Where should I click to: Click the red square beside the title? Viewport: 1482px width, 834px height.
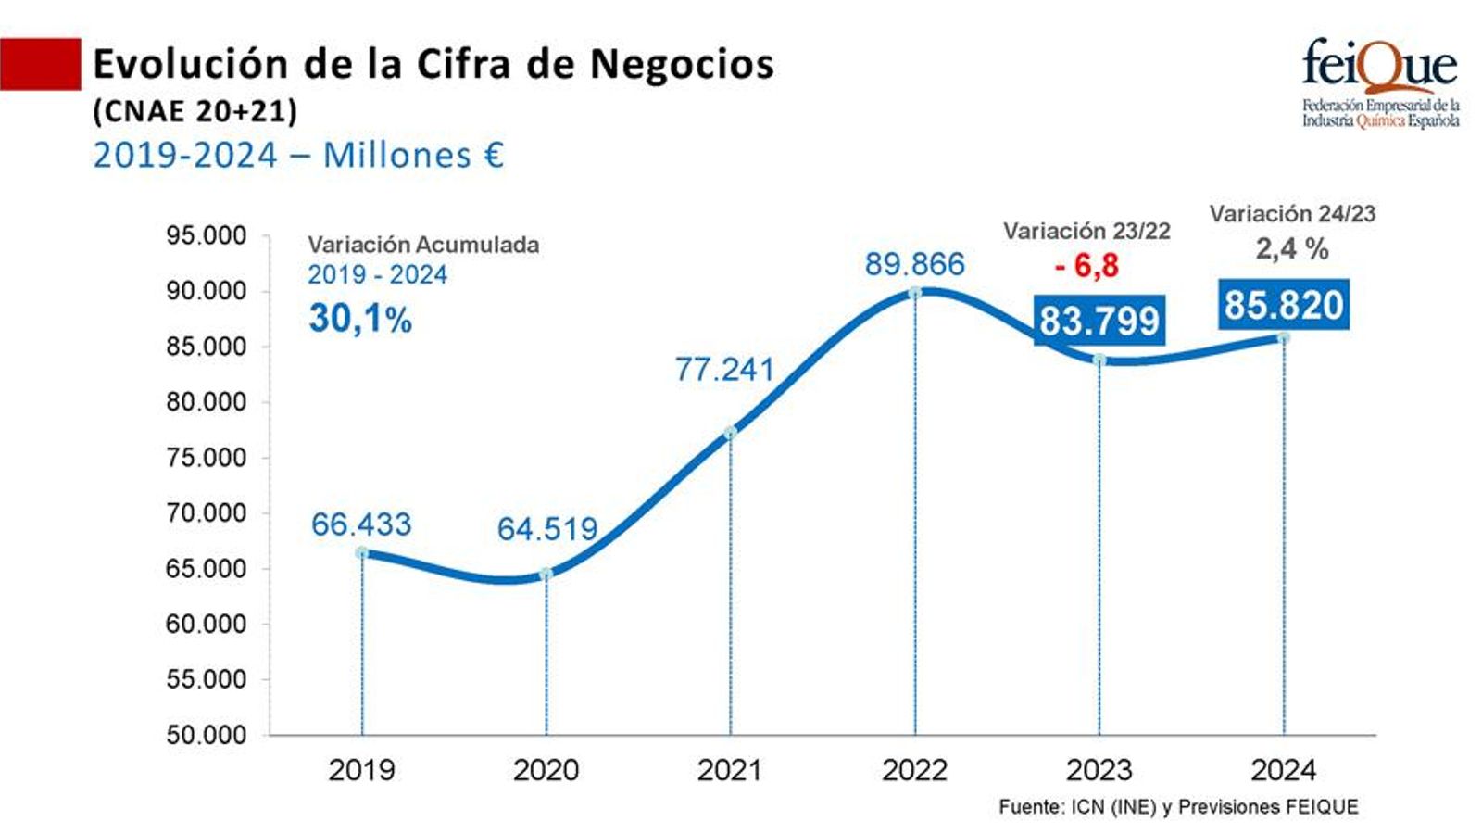pos(40,64)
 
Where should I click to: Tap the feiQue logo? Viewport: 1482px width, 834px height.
pos(1380,82)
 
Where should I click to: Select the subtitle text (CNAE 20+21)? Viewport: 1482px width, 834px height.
pos(195,111)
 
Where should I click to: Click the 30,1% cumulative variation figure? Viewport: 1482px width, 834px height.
pos(359,319)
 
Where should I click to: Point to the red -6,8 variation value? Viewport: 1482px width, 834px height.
pos(1086,266)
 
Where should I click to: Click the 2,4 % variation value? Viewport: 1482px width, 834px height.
pos(1291,248)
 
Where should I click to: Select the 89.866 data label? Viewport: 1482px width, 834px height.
pos(914,264)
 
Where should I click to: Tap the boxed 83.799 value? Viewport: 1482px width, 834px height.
pos(1099,321)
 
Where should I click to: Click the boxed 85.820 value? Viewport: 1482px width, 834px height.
pos(1283,304)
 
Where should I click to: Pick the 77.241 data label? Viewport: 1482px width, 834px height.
pos(723,369)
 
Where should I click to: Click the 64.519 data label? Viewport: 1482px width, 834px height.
pos(546,528)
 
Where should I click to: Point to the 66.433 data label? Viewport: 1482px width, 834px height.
pos(360,524)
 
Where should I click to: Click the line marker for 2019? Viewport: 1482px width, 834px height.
pos(361,553)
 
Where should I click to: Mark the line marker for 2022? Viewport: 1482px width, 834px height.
pos(915,293)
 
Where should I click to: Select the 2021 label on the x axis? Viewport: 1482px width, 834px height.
pos(729,770)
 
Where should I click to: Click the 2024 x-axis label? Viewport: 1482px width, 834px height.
pos(1283,770)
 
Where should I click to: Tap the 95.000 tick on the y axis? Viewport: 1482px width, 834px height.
pos(206,235)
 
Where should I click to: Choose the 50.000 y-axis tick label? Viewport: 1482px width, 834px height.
pos(206,735)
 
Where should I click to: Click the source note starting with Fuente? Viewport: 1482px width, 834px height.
pos(1177,807)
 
